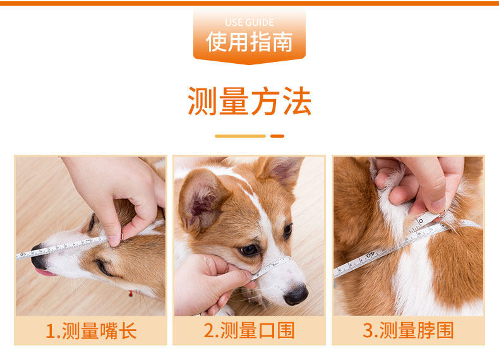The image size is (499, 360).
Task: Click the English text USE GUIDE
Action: (249, 23)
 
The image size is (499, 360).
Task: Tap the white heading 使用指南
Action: (249, 42)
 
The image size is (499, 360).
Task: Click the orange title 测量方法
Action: (249, 101)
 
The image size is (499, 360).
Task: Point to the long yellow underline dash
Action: (240, 136)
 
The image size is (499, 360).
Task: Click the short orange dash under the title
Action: (277, 136)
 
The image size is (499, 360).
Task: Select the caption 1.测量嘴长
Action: (91, 331)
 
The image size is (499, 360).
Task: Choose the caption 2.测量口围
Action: (249, 330)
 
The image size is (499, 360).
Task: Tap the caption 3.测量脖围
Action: (408, 330)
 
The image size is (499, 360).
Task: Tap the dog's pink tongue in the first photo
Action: (45, 272)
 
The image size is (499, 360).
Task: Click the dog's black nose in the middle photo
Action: (296, 295)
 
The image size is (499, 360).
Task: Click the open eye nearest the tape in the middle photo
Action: (249, 250)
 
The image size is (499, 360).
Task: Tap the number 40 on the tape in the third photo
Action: (370, 255)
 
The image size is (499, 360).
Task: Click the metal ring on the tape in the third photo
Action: (443, 213)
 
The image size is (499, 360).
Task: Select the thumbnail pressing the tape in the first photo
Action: (113, 241)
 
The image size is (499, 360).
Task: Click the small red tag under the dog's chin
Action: (131, 294)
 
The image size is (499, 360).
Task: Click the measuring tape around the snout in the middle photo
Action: (270, 267)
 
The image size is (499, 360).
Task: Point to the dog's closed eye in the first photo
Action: (104, 267)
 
